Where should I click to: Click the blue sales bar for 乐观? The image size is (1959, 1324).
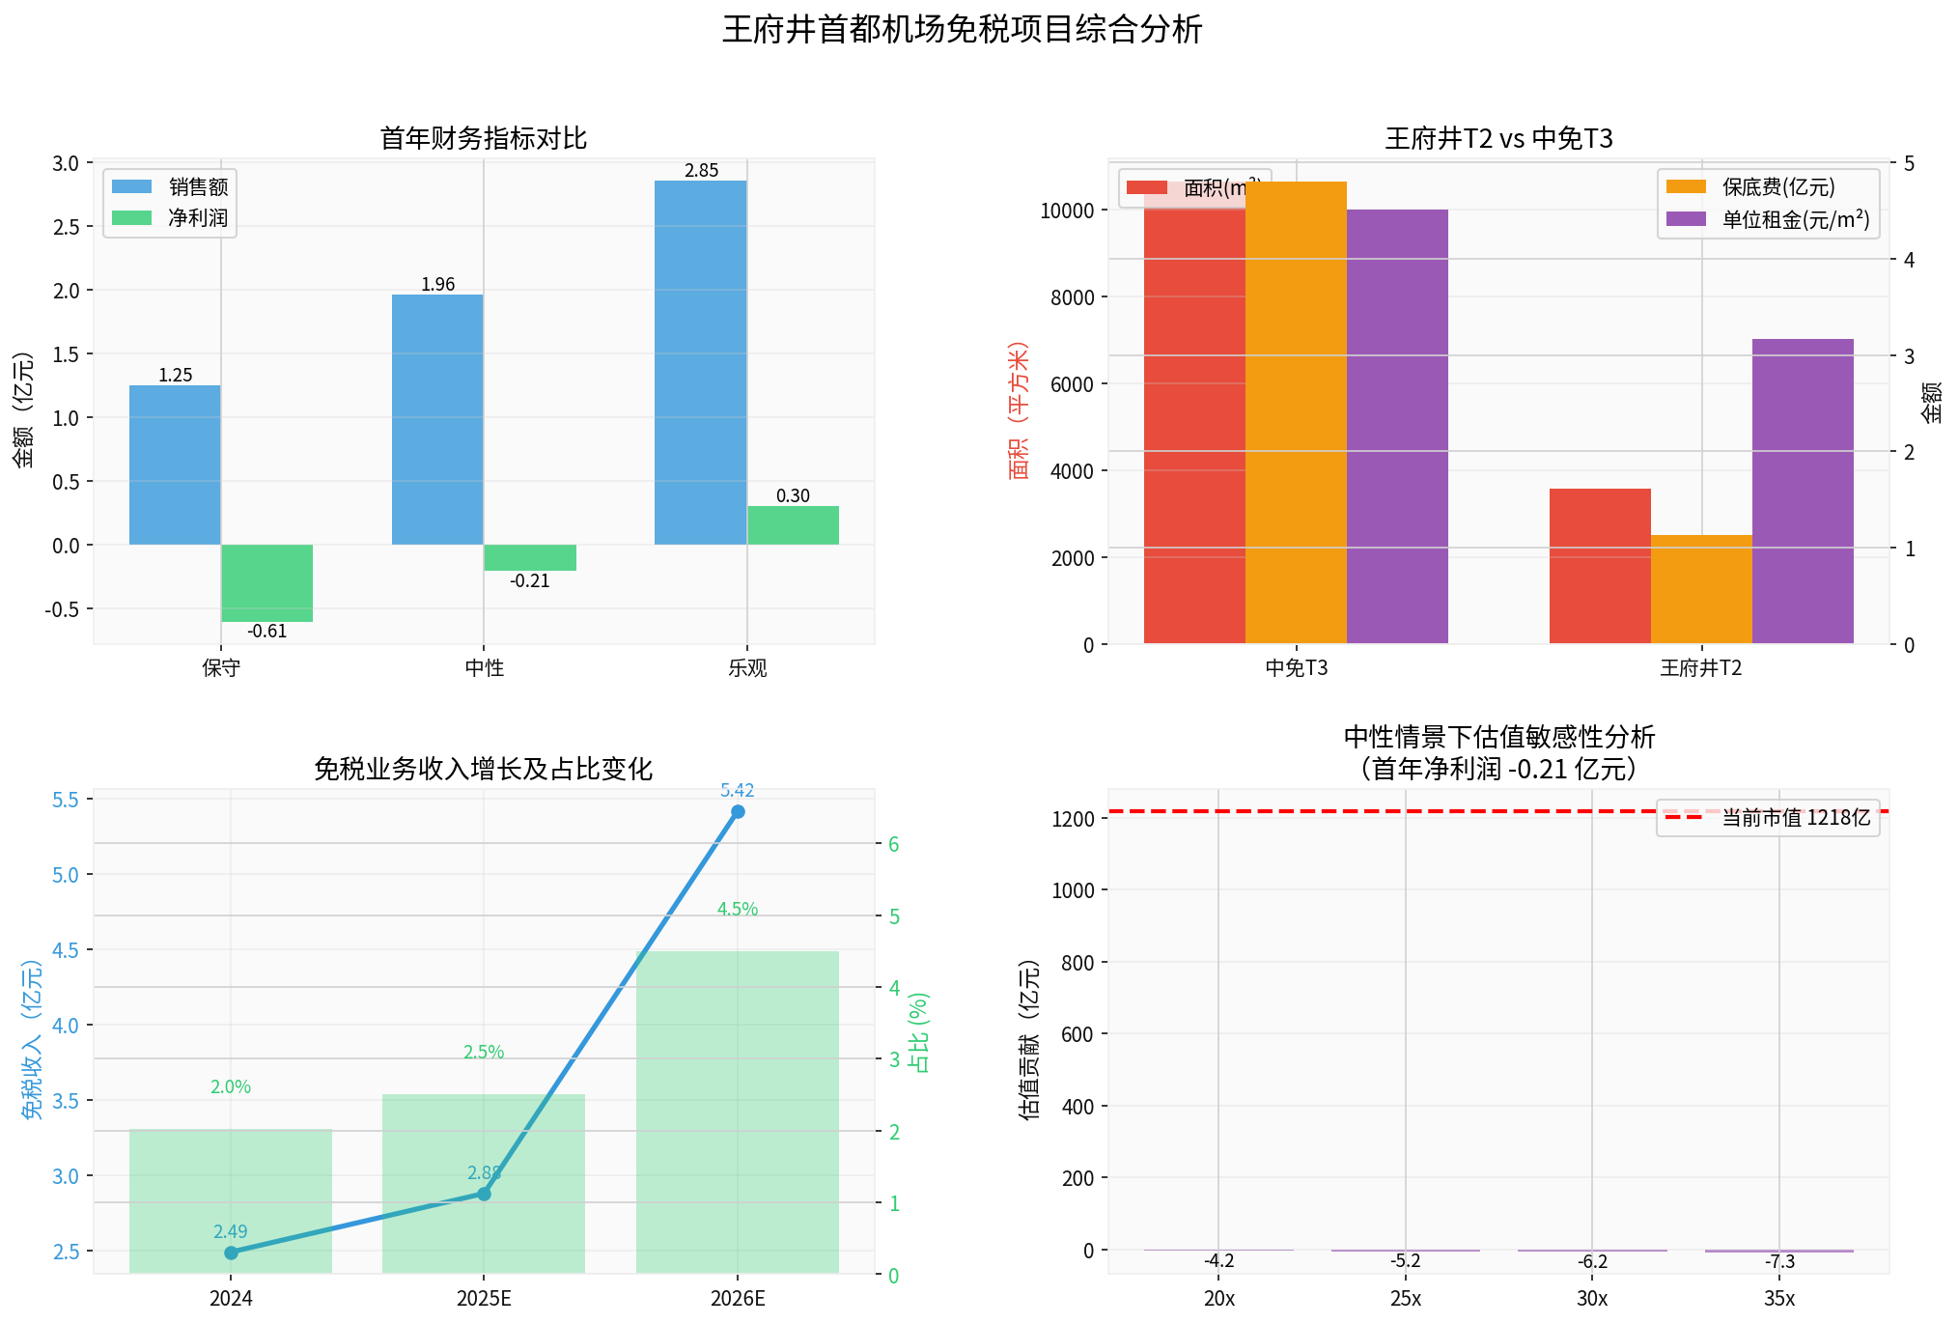click(700, 362)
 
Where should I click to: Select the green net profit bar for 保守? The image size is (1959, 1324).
click(267, 582)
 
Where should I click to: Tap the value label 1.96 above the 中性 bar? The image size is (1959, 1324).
click(437, 285)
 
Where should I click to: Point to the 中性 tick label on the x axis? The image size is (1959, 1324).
click(484, 668)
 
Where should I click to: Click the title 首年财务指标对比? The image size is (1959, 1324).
click(484, 139)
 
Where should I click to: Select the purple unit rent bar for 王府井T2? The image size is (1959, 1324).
click(1802, 491)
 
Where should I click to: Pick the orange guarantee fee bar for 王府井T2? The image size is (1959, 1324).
click(1701, 589)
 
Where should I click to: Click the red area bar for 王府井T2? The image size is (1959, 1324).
click(1600, 566)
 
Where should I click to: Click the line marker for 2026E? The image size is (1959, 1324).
click(738, 812)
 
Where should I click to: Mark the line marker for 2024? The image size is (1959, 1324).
click(231, 1253)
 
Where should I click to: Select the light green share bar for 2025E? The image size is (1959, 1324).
click(484, 1183)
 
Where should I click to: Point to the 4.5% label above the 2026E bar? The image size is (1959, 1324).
click(738, 910)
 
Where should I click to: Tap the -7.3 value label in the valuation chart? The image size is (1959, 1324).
click(1779, 1262)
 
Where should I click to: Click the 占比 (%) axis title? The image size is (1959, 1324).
click(920, 1032)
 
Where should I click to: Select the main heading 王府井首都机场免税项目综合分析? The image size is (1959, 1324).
click(962, 30)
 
